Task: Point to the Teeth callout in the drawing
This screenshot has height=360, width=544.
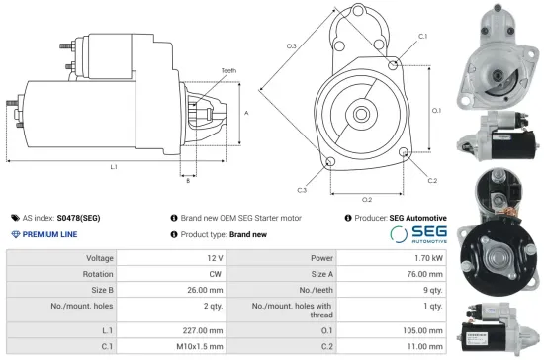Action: (229, 71)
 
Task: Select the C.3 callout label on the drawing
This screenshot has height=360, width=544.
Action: (301, 189)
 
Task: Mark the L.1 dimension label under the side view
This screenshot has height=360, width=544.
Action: (114, 167)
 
